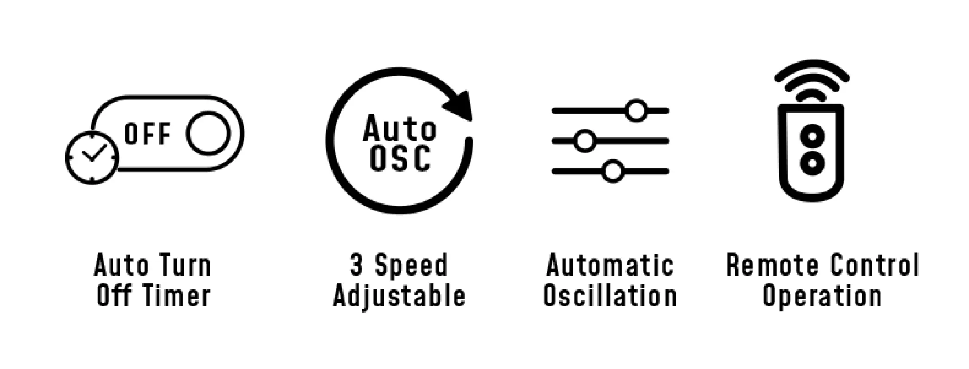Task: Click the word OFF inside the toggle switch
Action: pos(148,134)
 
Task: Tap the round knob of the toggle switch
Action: pos(208,133)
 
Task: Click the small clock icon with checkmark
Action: pos(92,157)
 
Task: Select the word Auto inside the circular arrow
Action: pos(399,128)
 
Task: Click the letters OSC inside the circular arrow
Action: pos(400,159)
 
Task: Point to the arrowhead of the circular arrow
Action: pos(459,105)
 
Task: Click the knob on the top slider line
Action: pos(637,111)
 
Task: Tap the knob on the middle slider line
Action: pos(585,141)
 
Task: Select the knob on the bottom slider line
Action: pos(613,171)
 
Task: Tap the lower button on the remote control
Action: pos(812,163)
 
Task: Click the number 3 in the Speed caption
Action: pos(357,265)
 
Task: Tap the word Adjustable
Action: pos(399,296)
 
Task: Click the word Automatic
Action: pos(610,265)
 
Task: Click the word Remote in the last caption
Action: pos(771,265)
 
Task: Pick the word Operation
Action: pos(822,296)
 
